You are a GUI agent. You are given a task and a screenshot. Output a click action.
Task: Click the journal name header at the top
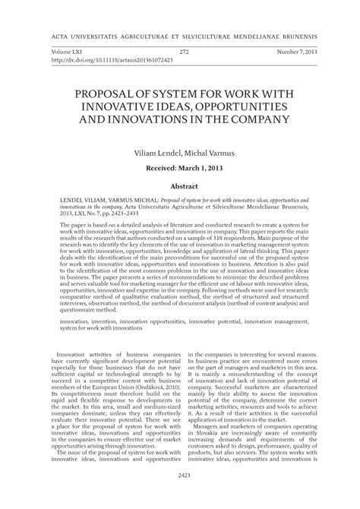(180, 36)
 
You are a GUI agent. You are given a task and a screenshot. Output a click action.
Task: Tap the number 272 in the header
(184, 52)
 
